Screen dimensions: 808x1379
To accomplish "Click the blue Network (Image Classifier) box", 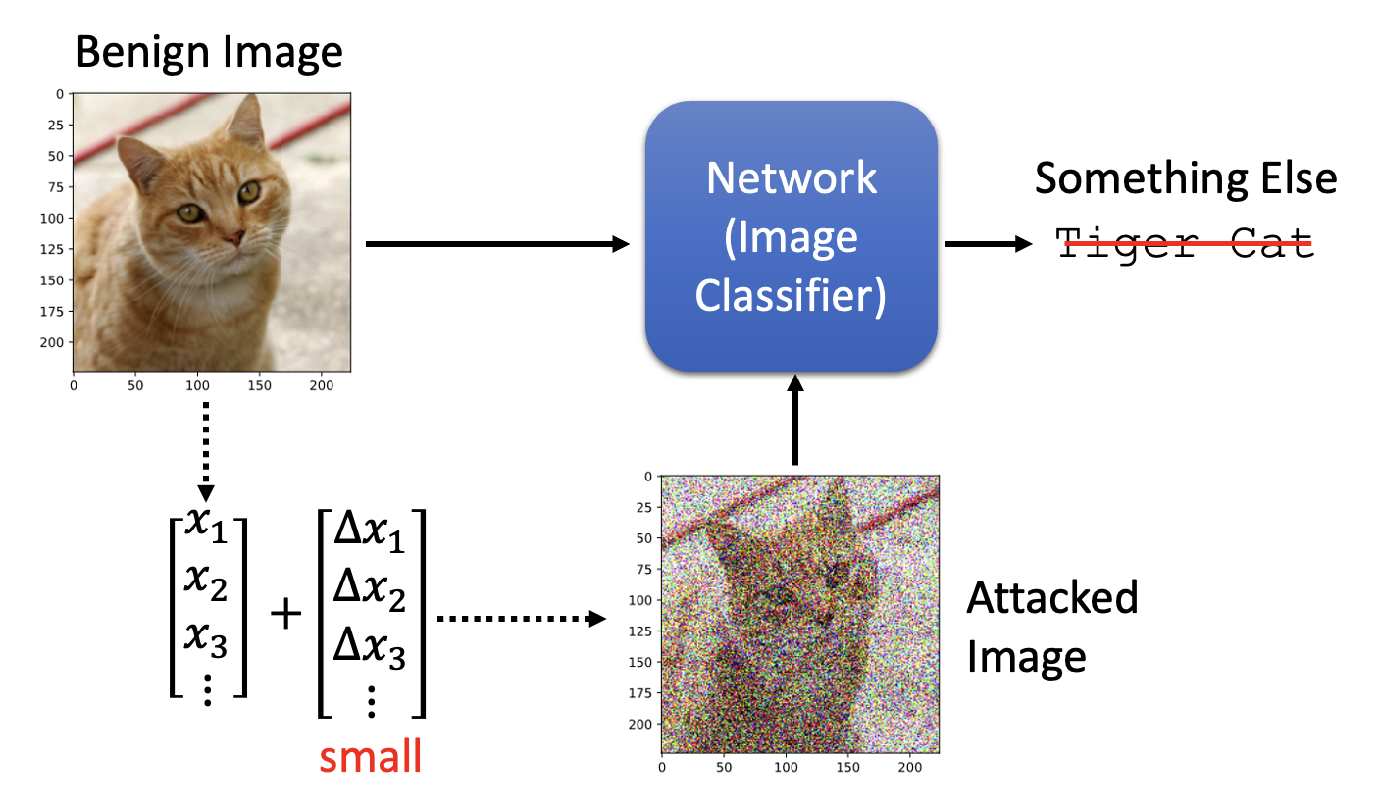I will pyautogui.click(x=791, y=236).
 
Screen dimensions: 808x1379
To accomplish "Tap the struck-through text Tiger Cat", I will pyautogui.click(x=1185, y=242).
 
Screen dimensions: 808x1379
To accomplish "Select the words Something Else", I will pyautogui.click(x=1185, y=178).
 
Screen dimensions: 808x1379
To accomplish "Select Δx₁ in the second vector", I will pyautogui.click(x=371, y=534).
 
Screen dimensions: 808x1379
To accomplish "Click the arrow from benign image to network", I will pyautogui.click(x=496, y=244).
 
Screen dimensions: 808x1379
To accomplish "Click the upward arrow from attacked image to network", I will pyautogui.click(x=795, y=422).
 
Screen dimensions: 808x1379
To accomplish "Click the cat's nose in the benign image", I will pyautogui.click(x=233, y=238).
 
